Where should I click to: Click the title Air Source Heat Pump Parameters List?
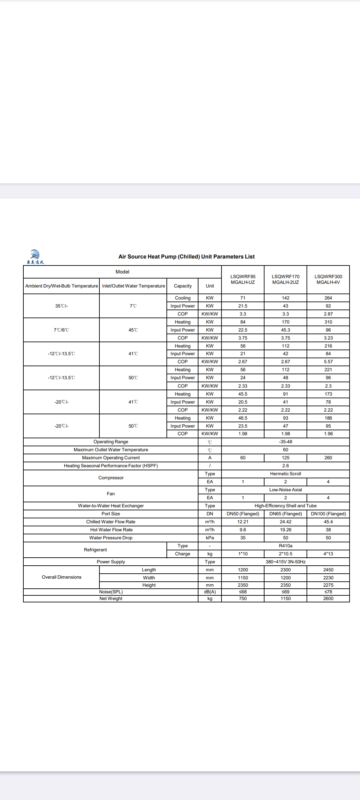tap(186, 257)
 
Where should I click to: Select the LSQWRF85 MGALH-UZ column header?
tap(243, 279)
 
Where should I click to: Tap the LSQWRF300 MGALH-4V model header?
tap(328, 279)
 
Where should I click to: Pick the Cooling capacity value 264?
tap(328, 298)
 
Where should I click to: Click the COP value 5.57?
tap(328, 362)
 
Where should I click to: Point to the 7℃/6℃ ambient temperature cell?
tap(61, 330)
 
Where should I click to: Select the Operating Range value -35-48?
tap(285, 442)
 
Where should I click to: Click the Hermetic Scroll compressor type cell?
tap(285, 474)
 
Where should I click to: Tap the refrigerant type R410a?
tap(285, 546)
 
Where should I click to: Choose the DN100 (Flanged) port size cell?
tap(328, 514)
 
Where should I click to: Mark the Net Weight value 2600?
tap(328, 598)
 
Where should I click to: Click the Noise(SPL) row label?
tap(111, 592)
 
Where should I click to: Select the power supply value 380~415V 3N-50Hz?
tap(285, 562)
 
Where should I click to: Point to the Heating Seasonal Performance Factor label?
tap(111, 466)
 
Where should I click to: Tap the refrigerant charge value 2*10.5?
tap(285, 554)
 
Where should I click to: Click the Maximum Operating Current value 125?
tap(285, 458)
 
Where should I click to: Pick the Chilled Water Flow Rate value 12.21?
tap(243, 522)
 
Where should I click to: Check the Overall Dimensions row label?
tap(61, 577)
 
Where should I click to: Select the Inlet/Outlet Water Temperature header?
tap(133, 286)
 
